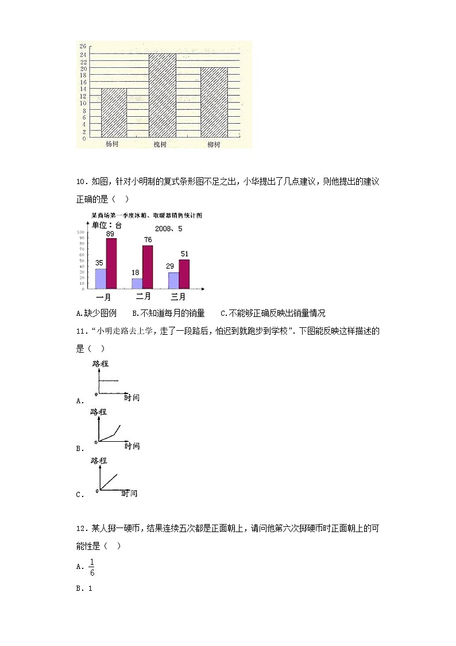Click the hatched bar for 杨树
[x=114, y=113]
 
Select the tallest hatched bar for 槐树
[x=162, y=95]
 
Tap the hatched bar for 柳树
[x=214, y=102]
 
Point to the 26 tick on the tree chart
[x=83, y=46]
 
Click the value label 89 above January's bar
[x=111, y=234]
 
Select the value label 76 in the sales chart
[x=148, y=240]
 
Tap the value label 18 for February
[x=136, y=273]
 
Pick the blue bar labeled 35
[x=101, y=278]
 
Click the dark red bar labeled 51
[x=184, y=274]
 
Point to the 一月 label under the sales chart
[x=103, y=297]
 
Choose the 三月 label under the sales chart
[x=178, y=297]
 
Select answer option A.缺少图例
[x=96, y=314]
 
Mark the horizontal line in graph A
[x=109, y=381]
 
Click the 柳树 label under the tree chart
[x=214, y=144]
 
